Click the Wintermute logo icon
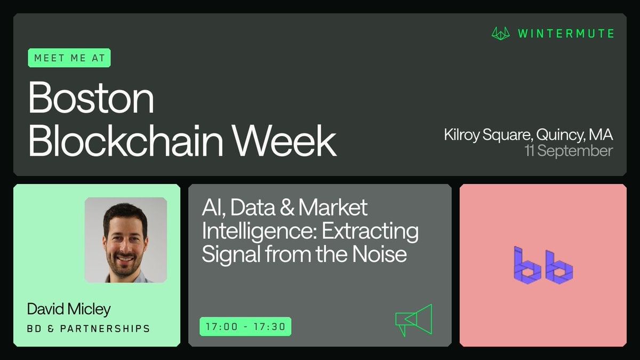[x=501, y=34]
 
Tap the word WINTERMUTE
[x=566, y=34]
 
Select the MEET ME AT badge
[x=69, y=58]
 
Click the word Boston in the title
[x=91, y=98]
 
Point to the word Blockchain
[x=125, y=140]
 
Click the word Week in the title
[x=284, y=140]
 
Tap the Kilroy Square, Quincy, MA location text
[x=529, y=134]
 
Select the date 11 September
[x=569, y=150]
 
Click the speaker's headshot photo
[x=126, y=240]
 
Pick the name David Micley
[x=69, y=309]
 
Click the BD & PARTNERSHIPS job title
[x=89, y=329]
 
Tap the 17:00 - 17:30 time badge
[x=245, y=326]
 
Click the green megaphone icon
[x=414, y=320]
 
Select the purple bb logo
[x=543, y=266]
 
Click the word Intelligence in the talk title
[x=259, y=231]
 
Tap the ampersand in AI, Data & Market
[x=287, y=207]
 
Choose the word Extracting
[x=370, y=231]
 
